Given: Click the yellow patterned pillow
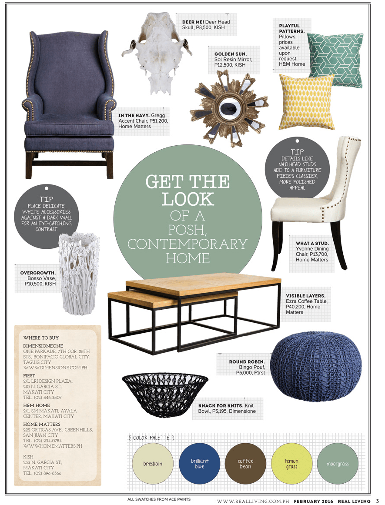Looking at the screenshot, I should (x=307, y=102).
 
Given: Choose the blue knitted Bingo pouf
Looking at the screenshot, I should (x=316, y=365).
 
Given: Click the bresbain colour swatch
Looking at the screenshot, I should (x=153, y=464).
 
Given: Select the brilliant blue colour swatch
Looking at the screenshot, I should (x=200, y=464).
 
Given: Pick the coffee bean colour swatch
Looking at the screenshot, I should (x=245, y=464).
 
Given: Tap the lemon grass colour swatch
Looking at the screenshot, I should (x=291, y=464).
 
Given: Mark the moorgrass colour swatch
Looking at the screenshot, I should (x=338, y=464).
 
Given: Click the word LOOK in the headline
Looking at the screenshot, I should (x=188, y=199).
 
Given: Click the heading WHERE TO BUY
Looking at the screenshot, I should (x=41, y=338).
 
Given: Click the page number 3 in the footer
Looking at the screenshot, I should (x=377, y=501).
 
